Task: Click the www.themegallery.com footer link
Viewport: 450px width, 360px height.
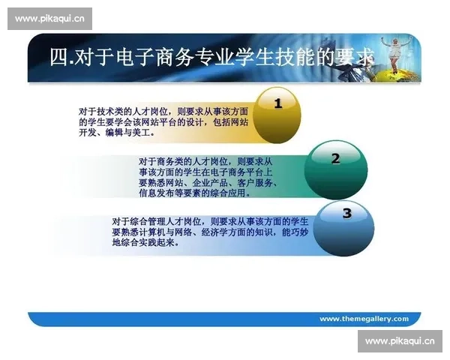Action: [364, 319]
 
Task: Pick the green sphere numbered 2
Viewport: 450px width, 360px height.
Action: [335, 166]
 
